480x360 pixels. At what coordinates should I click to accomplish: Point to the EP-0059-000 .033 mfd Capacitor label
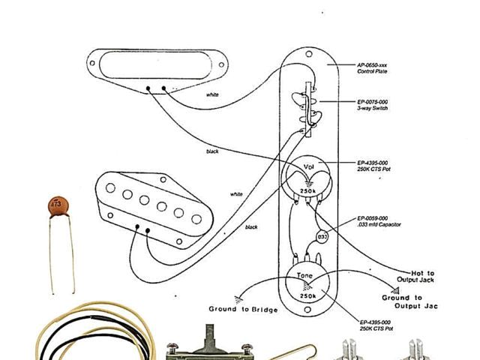click(378, 220)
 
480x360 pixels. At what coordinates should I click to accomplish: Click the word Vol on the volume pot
click(308, 166)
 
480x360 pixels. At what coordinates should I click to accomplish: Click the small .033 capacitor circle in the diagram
click(322, 237)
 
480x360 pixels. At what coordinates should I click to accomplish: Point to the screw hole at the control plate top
click(310, 55)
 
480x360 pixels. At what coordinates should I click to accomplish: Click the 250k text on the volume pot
click(307, 193)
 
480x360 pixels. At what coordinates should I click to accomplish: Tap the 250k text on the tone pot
click(306, 297)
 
